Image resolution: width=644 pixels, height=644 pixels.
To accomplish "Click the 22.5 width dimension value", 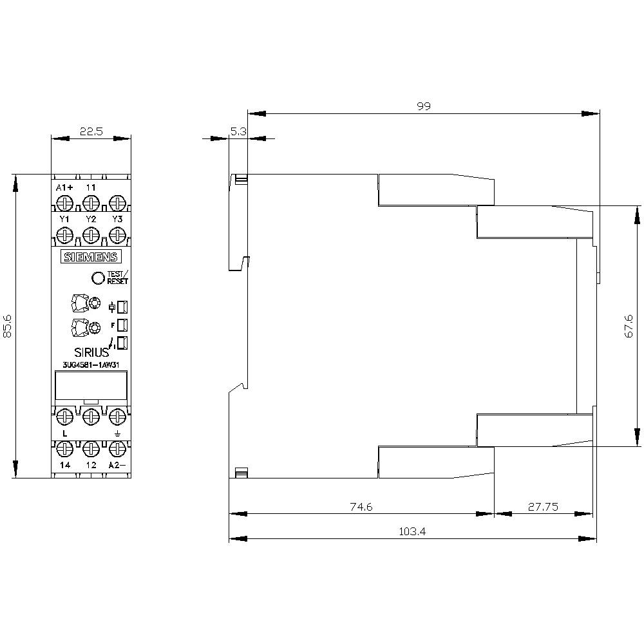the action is click(x=91, y=131).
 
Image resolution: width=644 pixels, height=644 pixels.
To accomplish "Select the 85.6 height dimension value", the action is click(x=7, y=327).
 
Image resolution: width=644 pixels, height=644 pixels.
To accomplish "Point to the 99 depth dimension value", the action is click(x=424, y=106).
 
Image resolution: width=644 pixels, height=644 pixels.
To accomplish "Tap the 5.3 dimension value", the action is click(x=238, y=131).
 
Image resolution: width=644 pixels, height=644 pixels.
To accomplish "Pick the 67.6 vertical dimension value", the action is click(x=629, y=326).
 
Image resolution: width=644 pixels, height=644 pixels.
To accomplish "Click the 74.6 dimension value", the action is click(x=361, y=507).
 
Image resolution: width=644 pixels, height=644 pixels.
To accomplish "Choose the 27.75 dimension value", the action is click(x=543, y=507).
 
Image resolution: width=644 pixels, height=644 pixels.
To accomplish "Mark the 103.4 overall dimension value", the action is click(x=412, y=531).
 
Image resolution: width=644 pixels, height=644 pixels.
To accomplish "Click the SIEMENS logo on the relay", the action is click(x=91, y=257).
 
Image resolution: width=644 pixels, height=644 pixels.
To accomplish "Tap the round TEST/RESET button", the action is click(x=98, y=278).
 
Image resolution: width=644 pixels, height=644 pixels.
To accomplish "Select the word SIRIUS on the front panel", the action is click(x=91, y=352).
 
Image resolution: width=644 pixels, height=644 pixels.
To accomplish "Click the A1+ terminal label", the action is click(x=64, y=187).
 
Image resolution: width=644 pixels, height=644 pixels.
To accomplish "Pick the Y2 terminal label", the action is click(x=91, y=220).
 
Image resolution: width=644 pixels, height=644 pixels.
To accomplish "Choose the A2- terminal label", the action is click(x=117, y=465).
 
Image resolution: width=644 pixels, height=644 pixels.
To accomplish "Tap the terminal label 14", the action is click(x=65, y=465).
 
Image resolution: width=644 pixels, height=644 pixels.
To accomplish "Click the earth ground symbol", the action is click(x=117, y=433).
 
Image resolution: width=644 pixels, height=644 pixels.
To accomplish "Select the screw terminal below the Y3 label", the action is click(x=117, y=236).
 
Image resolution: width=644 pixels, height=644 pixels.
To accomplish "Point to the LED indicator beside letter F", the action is click(x=122, y=325).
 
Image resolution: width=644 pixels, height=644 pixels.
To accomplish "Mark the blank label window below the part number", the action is click(x=91, y=385).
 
